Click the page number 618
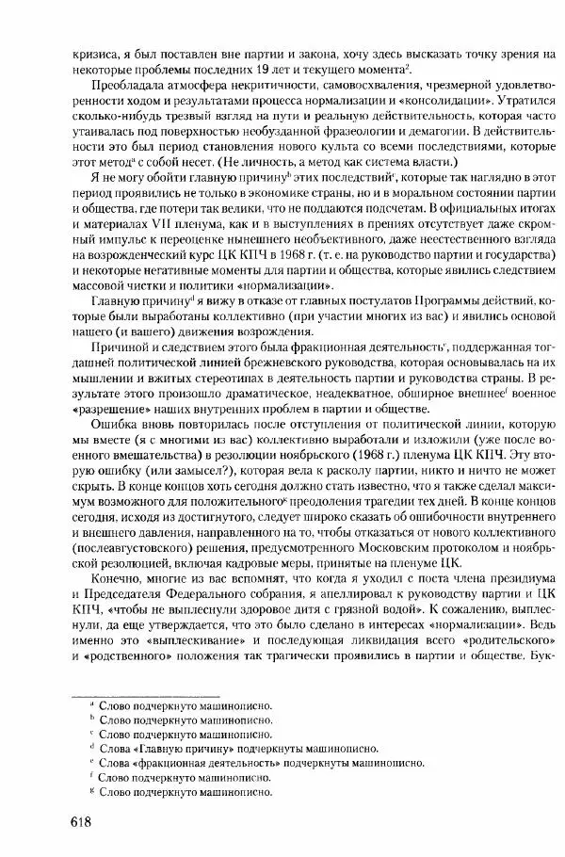(x=89, y=822)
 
